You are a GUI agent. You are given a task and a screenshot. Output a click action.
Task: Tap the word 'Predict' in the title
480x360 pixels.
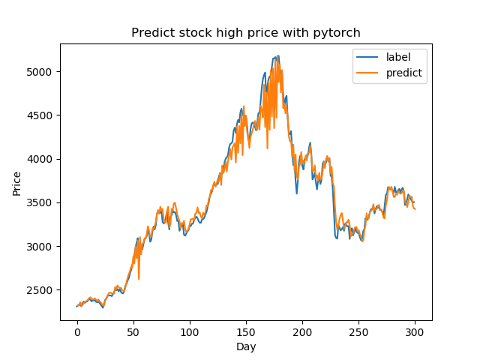(x=151, y=33)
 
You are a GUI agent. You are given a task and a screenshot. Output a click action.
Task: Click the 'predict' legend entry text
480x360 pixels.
(x=404, y=73)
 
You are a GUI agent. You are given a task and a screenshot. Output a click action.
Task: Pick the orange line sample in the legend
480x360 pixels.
(x=367, y=73)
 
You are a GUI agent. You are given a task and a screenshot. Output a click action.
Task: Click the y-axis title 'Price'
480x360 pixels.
(x=16, y=182)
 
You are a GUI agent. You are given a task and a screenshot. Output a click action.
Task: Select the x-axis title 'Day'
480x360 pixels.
(x=246, y=346)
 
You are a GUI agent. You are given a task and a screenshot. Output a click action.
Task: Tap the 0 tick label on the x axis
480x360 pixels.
(x=77, y=331)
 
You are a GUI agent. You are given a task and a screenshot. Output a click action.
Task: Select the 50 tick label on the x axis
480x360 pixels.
(x=133, y=331)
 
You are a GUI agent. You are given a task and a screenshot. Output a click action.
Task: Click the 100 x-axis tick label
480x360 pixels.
(x=190, y=331)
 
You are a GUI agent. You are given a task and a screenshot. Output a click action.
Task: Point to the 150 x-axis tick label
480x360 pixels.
(x=246, y=331)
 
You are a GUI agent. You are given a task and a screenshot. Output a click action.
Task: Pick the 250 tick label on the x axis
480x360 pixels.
(x=358, y=331)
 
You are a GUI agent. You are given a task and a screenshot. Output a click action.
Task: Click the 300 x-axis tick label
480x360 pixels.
(x=415, y=331)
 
